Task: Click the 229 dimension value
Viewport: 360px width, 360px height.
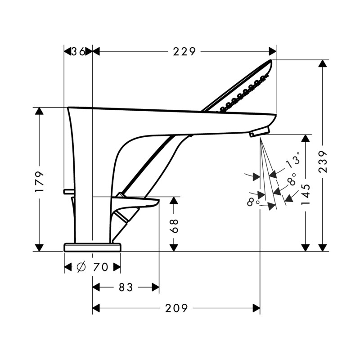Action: point(184,52)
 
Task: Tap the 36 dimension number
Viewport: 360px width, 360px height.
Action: point(78,52)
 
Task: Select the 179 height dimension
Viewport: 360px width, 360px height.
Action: point(39,181)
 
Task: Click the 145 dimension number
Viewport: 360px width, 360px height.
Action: point(306,194)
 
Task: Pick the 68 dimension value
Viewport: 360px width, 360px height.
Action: point(174,226)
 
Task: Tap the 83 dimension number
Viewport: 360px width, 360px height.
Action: point(126,287)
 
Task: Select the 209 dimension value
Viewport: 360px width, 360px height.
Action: point(176,308)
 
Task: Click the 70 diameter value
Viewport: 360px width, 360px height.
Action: point(100,267)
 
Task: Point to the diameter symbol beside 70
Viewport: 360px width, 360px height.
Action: point(81,267)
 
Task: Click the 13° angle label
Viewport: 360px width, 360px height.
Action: point(293,161)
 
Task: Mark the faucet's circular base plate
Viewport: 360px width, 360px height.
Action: point(92,247)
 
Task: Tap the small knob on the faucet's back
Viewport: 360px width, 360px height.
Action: point(68,191)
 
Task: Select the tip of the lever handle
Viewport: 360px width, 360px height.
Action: point(158,201)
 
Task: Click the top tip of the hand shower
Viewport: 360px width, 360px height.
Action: point(271,60)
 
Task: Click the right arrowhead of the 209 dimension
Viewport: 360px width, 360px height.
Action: point(256,308)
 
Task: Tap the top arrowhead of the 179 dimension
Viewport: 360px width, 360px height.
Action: point(39,111)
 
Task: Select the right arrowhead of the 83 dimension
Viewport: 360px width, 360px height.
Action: point(155,287)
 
